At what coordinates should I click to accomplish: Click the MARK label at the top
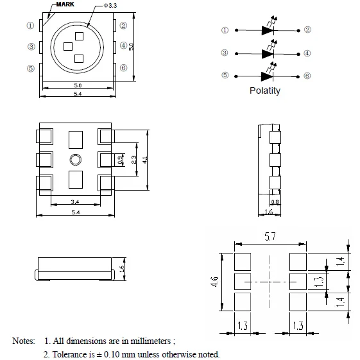click(x=65, y=4)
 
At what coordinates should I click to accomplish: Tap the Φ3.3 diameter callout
click(x=110, y=6)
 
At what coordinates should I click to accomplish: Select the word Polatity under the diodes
click(x=265, y=90)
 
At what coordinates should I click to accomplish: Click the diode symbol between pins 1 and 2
click(x=268, y=30)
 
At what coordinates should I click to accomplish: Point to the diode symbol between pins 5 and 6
click(x=267, y=76)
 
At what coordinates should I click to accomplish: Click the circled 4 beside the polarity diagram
click(x=307, y=53)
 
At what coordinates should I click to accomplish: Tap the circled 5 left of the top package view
click(x=31, y=69)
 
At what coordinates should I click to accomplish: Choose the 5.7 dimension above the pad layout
click(x=270, y=237)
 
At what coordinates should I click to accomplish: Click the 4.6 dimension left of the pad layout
click(x=214, y=282)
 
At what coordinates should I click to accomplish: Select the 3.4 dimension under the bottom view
click(x=75, y=201)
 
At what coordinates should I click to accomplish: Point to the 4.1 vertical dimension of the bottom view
click(x=144, y=160)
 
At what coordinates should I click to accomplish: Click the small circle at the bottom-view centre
click(x=76, y=160)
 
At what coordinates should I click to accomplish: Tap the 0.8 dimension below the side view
click(x=275, y=202)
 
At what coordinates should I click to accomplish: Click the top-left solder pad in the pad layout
click(x=243, y=262)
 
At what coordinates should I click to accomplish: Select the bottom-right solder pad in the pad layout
click(x=298, y=302)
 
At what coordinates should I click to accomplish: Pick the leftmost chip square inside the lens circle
click(x=68, y=47)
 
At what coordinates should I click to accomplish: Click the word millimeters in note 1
click(x=151, y=341)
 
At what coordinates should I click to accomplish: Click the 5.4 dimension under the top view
click(x=78, y=94)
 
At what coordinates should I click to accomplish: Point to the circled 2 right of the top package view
click(x=123, y=25)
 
